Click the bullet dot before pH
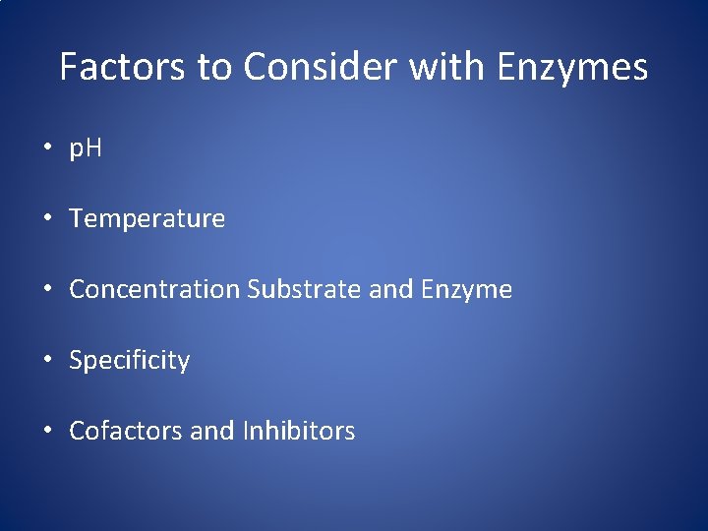pyautogui.click(x=47, y=148)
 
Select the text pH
pyautogui.click(x=86, y=148)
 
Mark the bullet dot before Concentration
pyautogui.click(x=47, y=290)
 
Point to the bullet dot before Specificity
pyautogui.click(x=47, y=361)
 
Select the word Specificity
pyautogui.click(x=129, y=361)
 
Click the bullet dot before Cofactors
pyautogui.click(x=47, y=432)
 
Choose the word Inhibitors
pyautogui.click(x=296, y=432)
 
